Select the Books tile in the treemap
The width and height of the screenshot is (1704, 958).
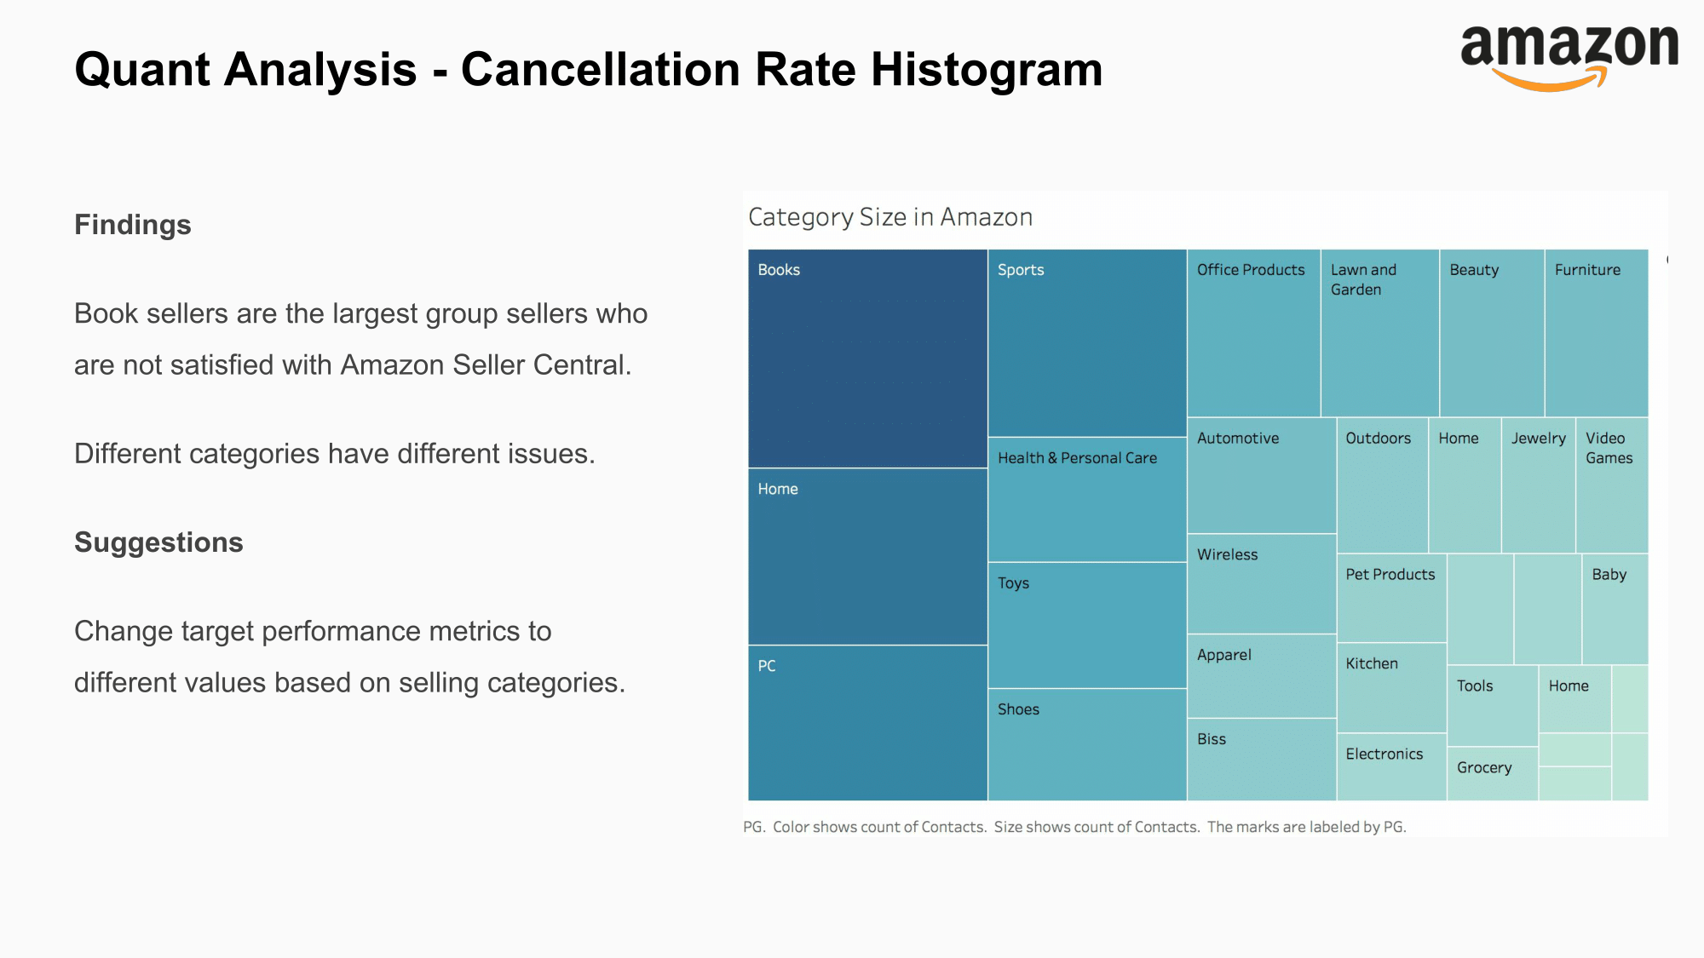tap(867, 359)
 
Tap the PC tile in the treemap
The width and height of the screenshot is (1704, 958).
tap(867, 723)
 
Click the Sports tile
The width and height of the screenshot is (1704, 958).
tap(1087, 342)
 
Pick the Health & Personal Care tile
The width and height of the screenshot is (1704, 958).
tap(1087, 500)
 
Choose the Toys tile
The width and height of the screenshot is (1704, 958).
tap(1087, 625)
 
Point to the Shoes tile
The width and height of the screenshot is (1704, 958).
tap(1087, 744)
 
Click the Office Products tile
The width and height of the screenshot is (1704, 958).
tap(1253, 333)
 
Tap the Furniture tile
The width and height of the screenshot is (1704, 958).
tap(1596, 333)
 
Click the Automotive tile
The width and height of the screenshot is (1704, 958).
tap(1261, 475)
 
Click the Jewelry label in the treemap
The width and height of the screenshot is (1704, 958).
tap(1538, 439)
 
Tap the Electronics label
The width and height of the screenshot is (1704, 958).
tap(1384, 754)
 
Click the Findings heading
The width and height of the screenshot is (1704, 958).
tap(133, 225)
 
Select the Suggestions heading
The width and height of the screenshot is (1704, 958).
tap(158, 542)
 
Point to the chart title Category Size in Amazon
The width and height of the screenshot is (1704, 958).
tap(890, 217)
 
